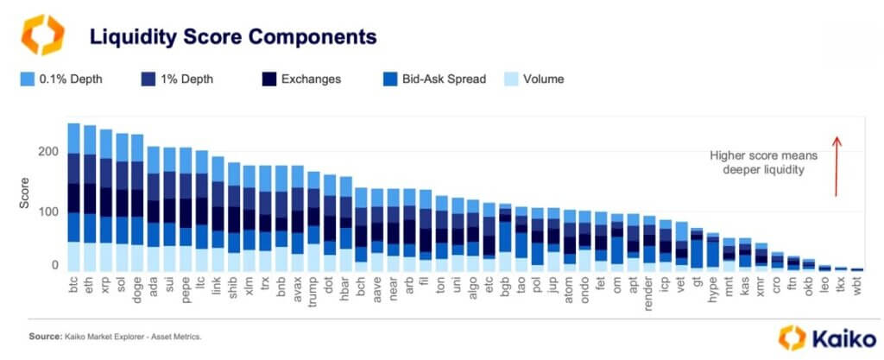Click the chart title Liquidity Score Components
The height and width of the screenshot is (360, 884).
pos(234,37)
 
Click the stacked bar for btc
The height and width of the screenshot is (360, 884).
pos(73,198)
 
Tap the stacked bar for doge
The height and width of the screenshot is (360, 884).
pos(137,203)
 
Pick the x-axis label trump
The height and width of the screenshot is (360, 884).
pos(313,291)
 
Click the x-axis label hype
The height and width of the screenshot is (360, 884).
pos(714,288)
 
